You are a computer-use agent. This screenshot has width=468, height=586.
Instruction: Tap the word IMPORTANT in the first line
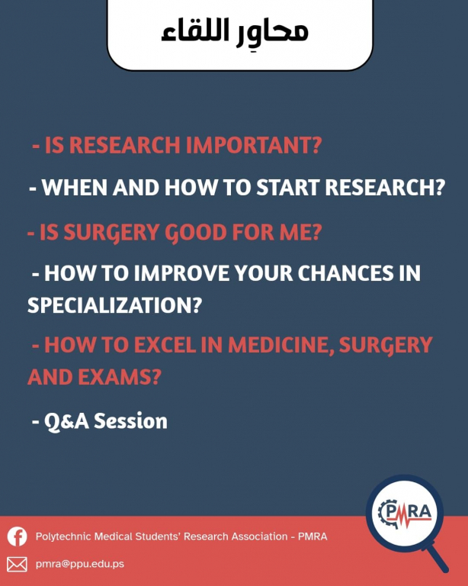click(x=254, y=145)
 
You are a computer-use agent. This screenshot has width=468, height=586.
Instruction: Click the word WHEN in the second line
click(x=75, y=187)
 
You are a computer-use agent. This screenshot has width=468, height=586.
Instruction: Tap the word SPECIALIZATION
click(x=114, y=305)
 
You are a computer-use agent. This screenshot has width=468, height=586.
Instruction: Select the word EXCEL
click(x=165, y=345)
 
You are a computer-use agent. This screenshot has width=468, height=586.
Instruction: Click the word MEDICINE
click(x=280, y=345)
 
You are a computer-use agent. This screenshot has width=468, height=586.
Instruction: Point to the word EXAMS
click(x=120, y=377)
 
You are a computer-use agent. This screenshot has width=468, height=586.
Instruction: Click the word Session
click(x=130, y=421)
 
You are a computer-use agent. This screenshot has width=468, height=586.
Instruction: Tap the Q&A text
click(x=67, y=421)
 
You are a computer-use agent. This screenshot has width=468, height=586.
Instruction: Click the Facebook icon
click(x=18, y=536)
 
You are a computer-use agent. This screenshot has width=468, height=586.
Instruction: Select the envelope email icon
click(x=18, y=565)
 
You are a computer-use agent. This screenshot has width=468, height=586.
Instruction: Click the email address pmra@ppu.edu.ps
click(x=80, y=564)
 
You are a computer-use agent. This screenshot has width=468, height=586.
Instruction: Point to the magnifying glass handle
click(x=438, y=558)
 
